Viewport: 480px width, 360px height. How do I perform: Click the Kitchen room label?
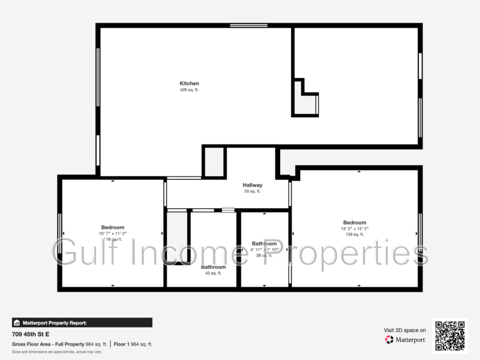189,83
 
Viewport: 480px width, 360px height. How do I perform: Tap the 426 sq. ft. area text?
189,90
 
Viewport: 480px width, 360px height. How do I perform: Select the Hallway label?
253,185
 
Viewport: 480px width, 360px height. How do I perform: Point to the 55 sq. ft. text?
253,191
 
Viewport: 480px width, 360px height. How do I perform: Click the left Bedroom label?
113,227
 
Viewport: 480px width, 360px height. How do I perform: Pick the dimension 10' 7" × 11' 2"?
113,233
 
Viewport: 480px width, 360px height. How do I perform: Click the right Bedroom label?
355,223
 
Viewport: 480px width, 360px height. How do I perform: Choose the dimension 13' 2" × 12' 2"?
355,229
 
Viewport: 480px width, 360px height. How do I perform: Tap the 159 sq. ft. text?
355,235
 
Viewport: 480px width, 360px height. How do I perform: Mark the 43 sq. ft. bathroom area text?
213,273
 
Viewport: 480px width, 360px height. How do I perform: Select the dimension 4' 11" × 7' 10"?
265,250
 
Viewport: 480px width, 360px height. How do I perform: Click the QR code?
450,336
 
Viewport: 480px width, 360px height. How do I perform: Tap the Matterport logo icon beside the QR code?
389,340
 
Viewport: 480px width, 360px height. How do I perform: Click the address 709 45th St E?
31,334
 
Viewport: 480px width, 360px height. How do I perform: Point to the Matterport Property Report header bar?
82,323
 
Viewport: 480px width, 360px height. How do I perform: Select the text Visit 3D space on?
405,330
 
